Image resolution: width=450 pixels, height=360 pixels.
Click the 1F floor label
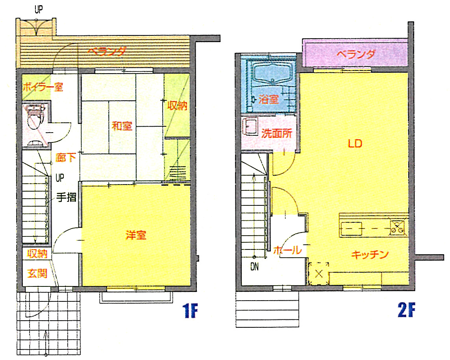click(190, 310)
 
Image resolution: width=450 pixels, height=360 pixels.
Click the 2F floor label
click(406, 310)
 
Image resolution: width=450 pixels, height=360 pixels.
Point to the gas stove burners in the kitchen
click(398, 226)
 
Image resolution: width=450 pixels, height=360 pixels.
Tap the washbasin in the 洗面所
click(250, 127)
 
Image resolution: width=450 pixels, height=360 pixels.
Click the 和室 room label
click(122, 126)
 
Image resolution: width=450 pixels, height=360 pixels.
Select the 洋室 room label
click(136, 235)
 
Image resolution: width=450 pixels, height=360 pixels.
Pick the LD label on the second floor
click(355, 143)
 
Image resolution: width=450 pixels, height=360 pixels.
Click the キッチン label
click(370, 255)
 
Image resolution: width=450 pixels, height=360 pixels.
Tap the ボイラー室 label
click(43, 87)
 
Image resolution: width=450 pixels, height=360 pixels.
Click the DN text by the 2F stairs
click(255, 267)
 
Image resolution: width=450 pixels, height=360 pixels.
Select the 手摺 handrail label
click(66, 198)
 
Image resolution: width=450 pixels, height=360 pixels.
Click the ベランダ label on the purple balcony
click(356, 54)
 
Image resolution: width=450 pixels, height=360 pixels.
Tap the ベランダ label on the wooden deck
click(106, 51)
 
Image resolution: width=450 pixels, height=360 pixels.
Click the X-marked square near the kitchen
click(319, 274)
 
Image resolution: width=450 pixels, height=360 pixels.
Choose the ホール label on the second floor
click(287, 250)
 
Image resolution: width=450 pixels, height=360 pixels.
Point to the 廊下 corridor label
click(66, 157)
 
